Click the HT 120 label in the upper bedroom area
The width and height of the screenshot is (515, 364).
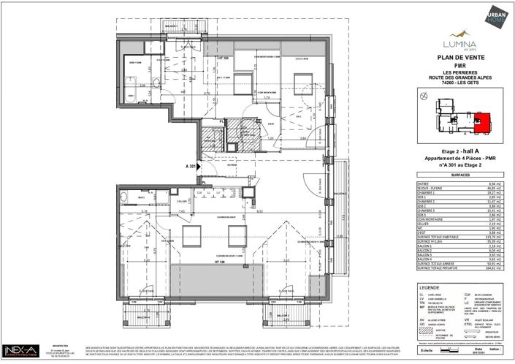[x=224, y=58]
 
